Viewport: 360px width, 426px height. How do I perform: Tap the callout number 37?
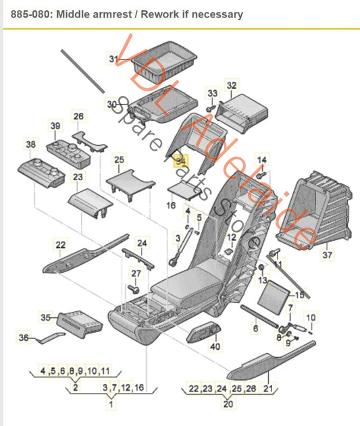(x=328, y=255)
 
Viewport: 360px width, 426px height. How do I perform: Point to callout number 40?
(x=215, y=346)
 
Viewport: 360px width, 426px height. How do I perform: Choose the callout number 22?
(x=61, y=244)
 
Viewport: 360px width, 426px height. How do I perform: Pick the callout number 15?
(x=300, y=295)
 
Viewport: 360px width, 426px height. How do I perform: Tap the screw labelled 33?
(x=210, y=107)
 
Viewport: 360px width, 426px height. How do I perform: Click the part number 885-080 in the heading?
(x=24, y=14)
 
